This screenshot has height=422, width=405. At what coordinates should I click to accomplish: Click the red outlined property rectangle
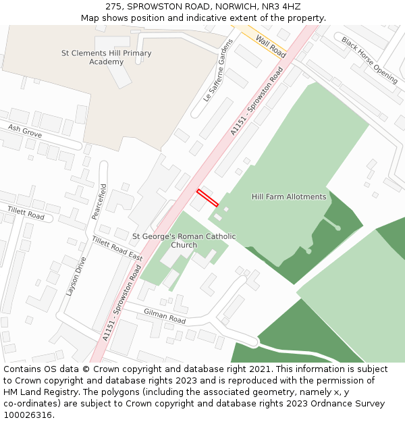[x=208, y=198]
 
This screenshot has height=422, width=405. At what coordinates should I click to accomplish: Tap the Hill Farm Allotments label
[x=289, y=197]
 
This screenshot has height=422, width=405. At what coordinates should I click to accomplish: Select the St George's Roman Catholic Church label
[x=184, y=240]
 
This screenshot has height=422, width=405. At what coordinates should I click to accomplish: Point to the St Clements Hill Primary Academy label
[x=107, y=57]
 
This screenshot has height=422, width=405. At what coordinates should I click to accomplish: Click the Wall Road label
[x=271, y=46]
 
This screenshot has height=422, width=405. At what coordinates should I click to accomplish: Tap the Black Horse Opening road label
[x=369, y=60]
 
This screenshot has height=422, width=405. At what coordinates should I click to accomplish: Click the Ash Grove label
[x=25, y=130]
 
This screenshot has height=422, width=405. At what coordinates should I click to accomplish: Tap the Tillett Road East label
[x=117, y=248]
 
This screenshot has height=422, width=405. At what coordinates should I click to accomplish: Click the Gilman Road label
[x=164, y=315]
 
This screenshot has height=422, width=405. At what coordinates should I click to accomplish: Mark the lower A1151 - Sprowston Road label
[x=124, y=301]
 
